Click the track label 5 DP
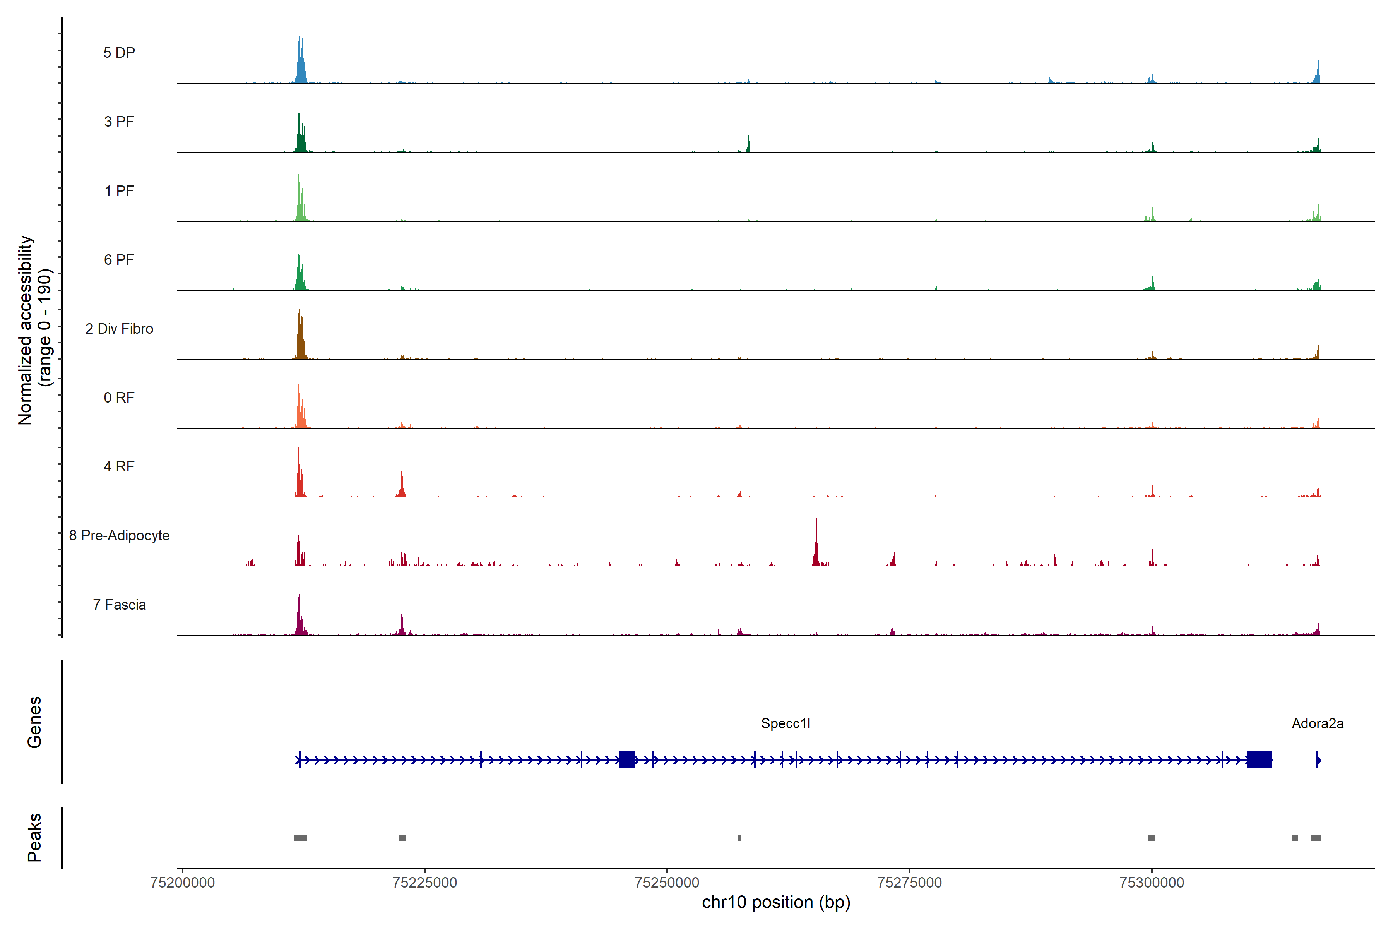(119, 53)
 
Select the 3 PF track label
(119, 122)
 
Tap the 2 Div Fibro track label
(119, 329)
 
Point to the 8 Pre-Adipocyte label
(119, 536)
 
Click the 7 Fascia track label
(119, 605)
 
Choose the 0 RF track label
(119, 398)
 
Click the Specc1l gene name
(785, 723)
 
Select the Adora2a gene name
(1317, 723)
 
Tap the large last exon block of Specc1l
(1259, 759)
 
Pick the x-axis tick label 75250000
(667, 883)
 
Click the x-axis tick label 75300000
(1152, 883)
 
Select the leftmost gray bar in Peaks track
(301, 838)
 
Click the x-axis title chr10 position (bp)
(776, 902)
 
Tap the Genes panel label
(34, 722)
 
